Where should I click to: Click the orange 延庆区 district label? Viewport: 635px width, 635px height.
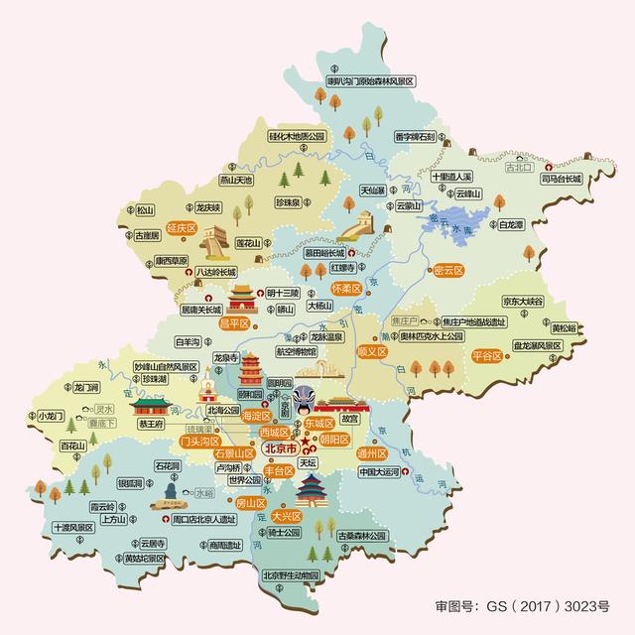coord(184,227)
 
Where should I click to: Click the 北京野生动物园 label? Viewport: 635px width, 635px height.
coord(290,575)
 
